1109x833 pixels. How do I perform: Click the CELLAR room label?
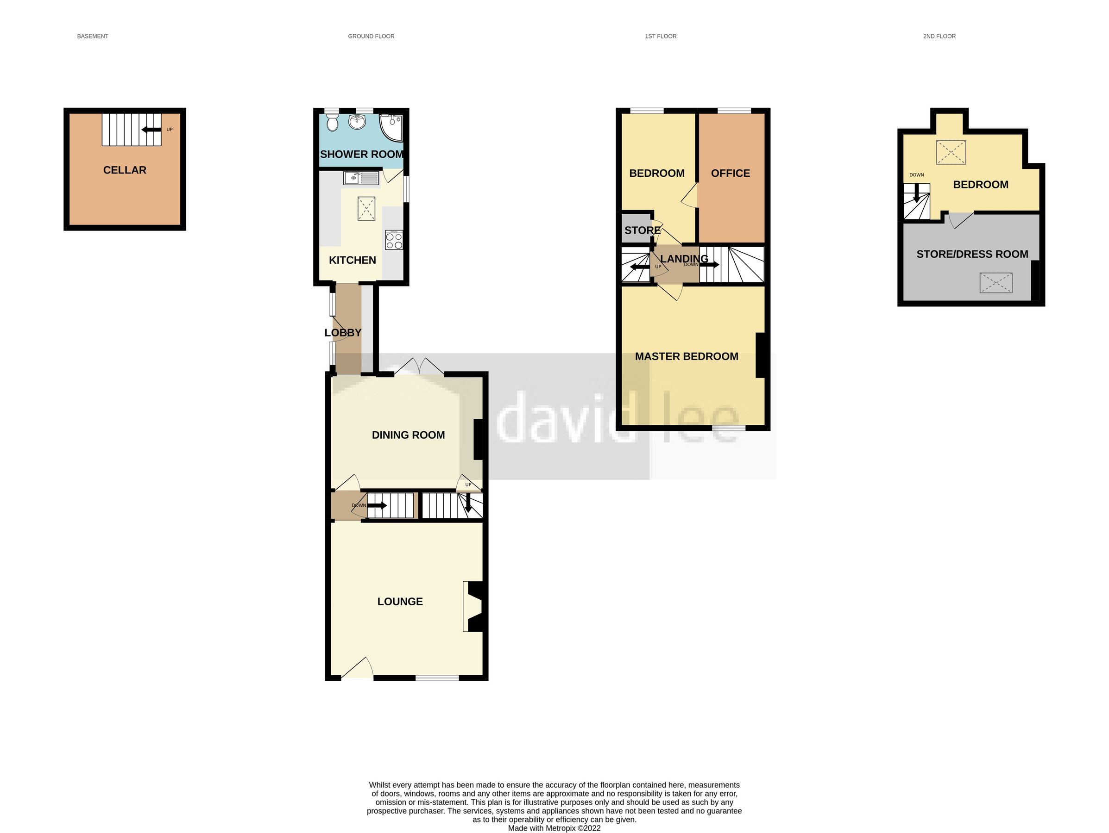[x=124, y=170]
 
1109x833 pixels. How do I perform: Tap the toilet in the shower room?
[x=331, y=123]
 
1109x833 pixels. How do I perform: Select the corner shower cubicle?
[x=392, y=126]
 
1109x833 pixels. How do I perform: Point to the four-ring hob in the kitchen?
[x=394, y=241]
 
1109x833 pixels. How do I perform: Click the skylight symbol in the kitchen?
[x=366, y=208]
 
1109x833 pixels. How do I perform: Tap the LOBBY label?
[x=342, y=333]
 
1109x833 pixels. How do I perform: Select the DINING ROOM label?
[x=408, y=435]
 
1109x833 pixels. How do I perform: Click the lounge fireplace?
[x=474, y=607]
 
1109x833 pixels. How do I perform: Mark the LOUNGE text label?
[x=400, y=602]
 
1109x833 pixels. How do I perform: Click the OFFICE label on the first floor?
[x=730, y=174]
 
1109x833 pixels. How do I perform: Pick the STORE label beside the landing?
[x=642, y=230]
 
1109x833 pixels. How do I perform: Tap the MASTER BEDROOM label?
[x=687, y=357]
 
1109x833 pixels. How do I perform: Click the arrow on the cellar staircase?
[x=151, y=130]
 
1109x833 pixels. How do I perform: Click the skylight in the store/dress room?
[x=995, y=283]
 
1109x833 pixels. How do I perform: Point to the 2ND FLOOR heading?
[x=939, y=37]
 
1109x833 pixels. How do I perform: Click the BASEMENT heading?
[x=93, y=37]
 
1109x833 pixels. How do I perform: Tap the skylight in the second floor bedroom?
[x=951, y=152]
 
